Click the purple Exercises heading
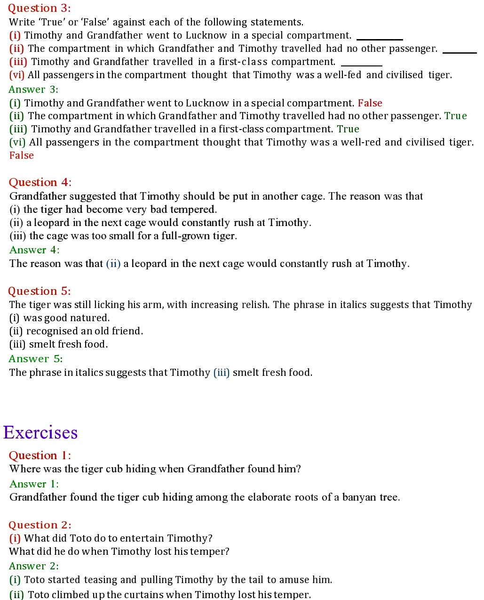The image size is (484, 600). pos(40,432)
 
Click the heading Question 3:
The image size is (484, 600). pos(39,8)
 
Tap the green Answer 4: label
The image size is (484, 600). pos(34,250)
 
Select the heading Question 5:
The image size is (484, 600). pos(40,291)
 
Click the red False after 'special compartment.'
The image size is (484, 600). pos(370,103)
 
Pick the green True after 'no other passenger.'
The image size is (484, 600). pos(455,116)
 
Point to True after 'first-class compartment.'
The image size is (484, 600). pos(348,129)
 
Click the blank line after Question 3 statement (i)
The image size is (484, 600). pos(380,39)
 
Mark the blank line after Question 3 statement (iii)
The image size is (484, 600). pos(361,65)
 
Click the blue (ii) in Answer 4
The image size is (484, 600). pos(113,264)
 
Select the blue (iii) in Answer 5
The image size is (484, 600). pos(222,373)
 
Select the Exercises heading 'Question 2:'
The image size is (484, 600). pos(40,525)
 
